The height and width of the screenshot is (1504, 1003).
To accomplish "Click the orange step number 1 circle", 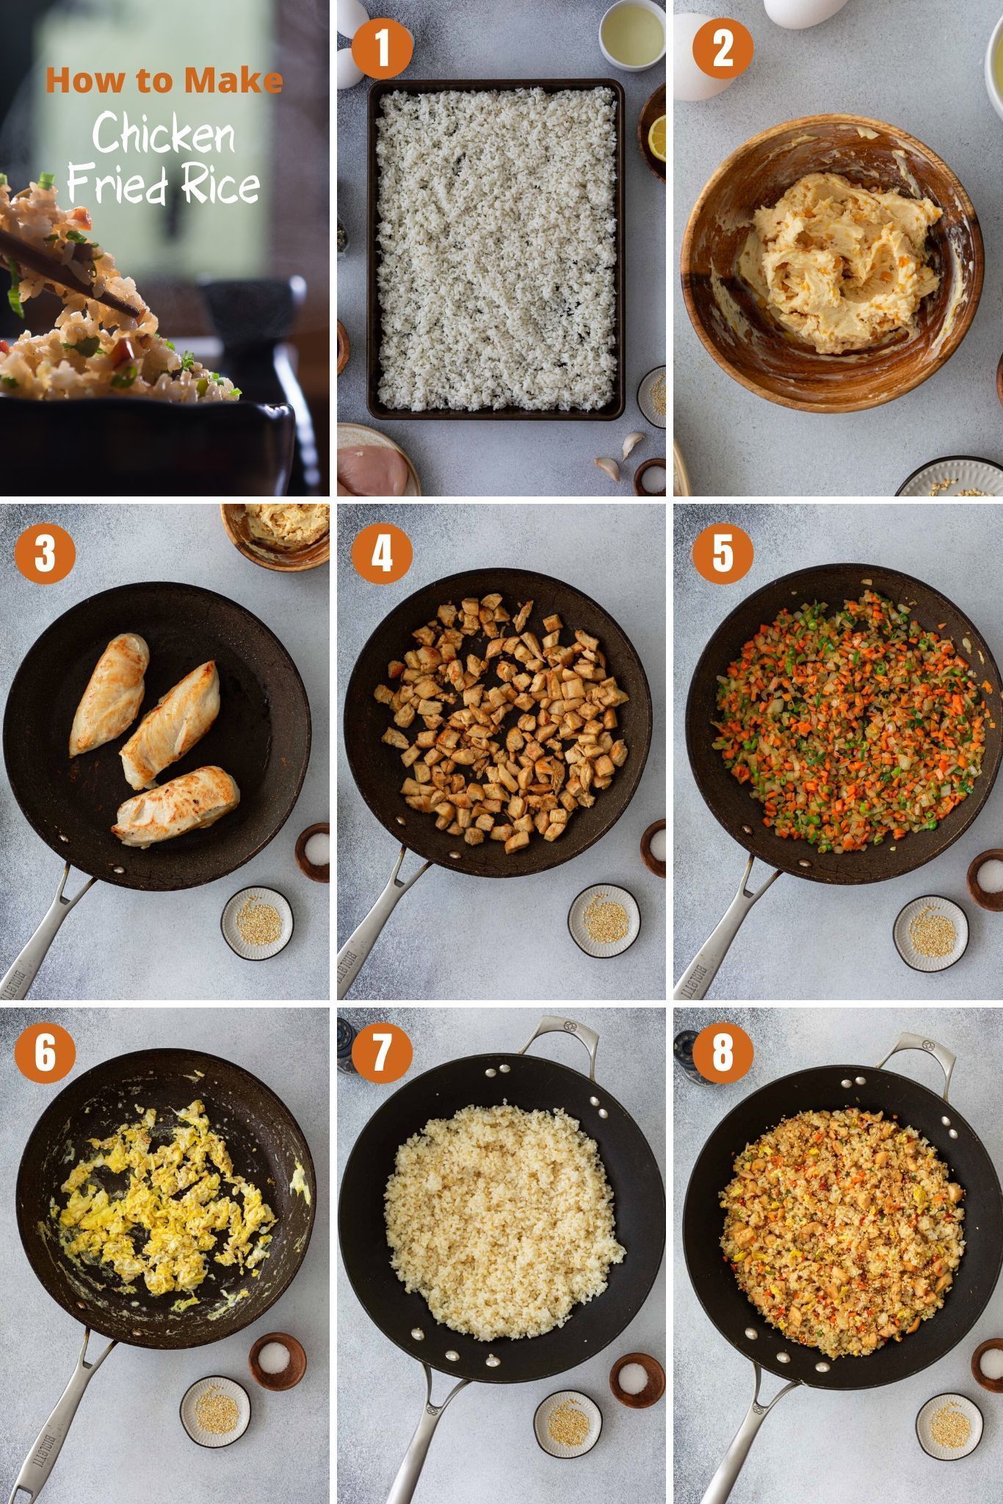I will tap(381, 48).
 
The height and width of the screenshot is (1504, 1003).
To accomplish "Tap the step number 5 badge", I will tap(723, 552).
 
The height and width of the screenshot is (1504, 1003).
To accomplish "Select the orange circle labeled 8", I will tap(723, 1051).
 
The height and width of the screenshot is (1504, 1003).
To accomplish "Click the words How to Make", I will tap(164, 80).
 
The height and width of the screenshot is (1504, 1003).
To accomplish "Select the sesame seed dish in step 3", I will tap(257, 922).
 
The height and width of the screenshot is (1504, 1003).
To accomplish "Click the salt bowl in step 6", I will tap(277, 1361).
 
